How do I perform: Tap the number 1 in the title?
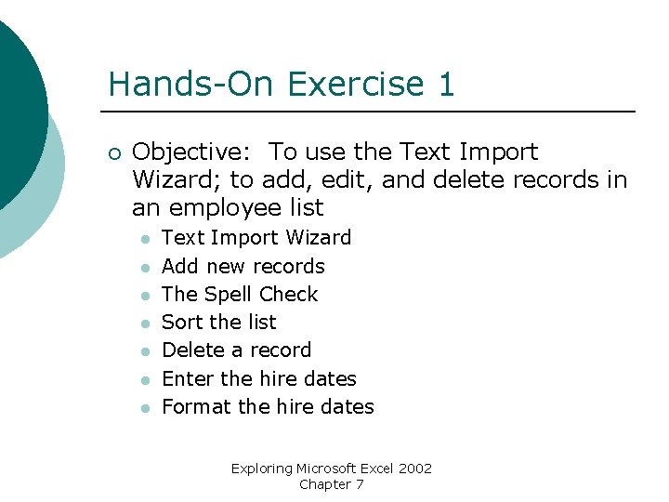tap(445, 84)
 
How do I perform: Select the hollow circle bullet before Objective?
tap(113, 152)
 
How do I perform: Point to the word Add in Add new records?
tap(179, 266)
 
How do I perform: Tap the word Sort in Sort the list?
tap(179, 322)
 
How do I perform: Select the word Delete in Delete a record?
tap(191, 350)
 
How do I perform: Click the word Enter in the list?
tap(188, 378)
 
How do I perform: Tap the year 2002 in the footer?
tap(415, 469)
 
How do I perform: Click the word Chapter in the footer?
tap(325, 484)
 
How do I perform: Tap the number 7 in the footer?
tap(360, 484)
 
